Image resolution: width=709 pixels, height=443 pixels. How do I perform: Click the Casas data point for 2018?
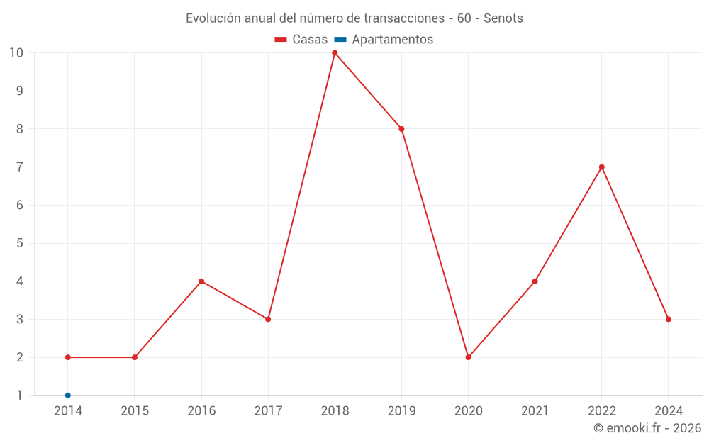coord(335,53)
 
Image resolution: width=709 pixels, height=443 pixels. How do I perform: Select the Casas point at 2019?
coord(401,129)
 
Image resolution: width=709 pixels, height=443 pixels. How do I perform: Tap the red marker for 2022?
coord(602,167)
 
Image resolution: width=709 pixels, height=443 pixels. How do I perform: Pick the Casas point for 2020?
coord(468,357)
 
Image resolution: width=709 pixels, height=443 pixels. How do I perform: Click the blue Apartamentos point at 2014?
coord(68,396)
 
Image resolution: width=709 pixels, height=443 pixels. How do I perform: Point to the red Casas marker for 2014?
coord(68,357)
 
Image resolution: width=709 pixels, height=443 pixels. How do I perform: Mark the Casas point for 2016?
coord(201,281)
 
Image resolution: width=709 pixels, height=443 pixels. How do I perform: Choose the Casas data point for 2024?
coord(669,319)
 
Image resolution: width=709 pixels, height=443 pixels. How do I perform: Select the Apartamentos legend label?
coord(392,40)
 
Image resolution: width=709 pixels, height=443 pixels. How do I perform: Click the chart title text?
coord(354,18)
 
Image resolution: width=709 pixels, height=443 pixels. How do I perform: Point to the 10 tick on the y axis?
coord(16,53)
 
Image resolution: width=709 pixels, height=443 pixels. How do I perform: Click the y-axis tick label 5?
coord(20,243)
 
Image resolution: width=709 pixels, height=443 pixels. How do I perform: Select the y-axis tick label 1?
coord(20,396)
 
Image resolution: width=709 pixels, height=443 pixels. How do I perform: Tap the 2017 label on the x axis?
coord(268,411)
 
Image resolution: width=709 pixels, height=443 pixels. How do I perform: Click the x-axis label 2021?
coord(535,411)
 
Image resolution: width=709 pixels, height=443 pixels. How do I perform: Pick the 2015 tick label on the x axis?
coord(135,411)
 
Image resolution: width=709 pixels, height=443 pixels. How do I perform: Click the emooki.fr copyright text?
coord(647,428)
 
